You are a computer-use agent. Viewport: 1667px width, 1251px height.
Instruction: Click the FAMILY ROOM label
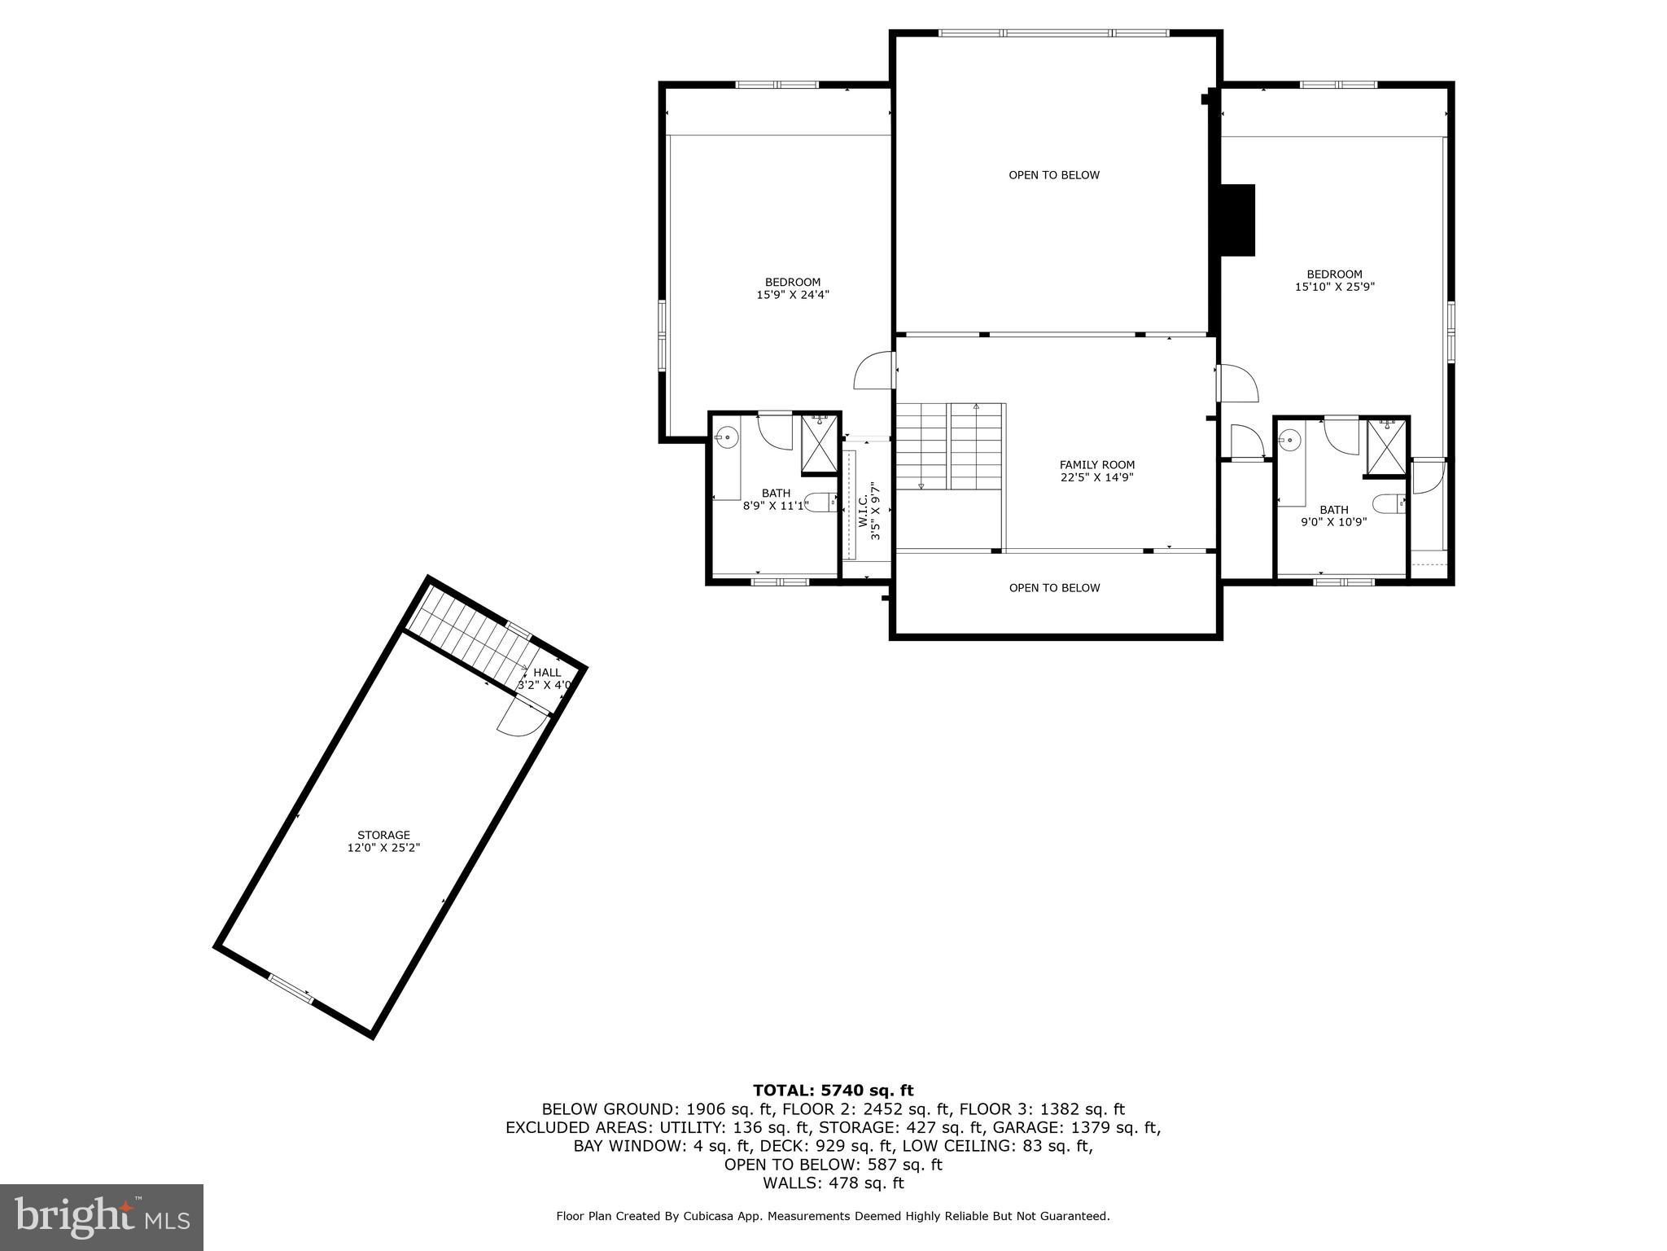click(x=1096, y=465)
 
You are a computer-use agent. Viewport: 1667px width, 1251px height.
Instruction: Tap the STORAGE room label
click(x=383, y=835)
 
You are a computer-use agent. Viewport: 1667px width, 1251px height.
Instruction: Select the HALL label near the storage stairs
click(x=547, y=673)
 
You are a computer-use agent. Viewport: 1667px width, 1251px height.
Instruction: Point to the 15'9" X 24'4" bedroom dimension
click(x=792, y=296)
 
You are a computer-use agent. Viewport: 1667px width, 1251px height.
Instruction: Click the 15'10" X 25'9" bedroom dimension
click(x=1334, y=287)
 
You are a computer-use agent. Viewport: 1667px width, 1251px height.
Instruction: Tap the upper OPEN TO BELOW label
click(x=1054, y=175)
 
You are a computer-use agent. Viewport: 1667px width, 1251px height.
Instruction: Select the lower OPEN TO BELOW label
click(x=1054, y=588)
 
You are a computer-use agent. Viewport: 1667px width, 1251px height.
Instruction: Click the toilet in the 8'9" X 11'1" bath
click(x=820, y=502)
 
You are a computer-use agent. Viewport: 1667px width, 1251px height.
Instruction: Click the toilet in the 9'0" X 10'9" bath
click(x=1389, y=503)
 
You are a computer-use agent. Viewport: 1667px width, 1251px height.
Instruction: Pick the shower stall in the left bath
click(x=819, y=445)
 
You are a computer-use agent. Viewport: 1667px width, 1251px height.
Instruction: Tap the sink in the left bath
click(x=727, y=438)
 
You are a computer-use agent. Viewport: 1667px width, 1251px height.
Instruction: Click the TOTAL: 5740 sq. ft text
click(x=833, y=1091)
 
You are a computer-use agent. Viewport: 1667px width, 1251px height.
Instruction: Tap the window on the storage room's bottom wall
click(x=291, y=989)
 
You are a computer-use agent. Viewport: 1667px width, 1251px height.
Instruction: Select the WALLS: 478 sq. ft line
click(x=833, y=1183)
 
